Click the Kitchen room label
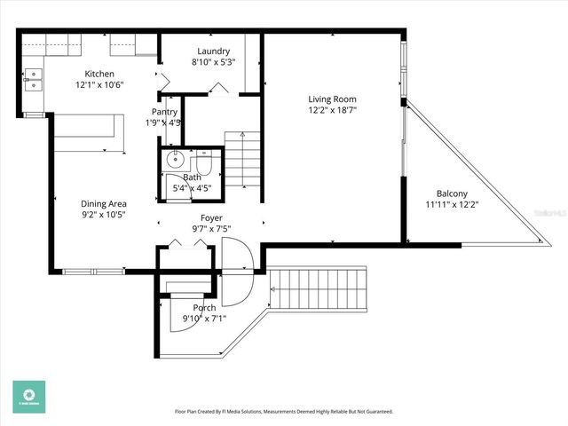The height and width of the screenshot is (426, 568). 99,74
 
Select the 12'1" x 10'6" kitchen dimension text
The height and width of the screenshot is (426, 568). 99,85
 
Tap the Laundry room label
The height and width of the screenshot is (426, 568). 213,51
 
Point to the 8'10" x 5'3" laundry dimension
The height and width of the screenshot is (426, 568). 213,63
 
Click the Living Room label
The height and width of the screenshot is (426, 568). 332,99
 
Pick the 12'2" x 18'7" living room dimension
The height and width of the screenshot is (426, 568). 332,110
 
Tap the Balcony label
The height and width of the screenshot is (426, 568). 454,193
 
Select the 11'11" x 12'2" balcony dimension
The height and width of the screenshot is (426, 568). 454,205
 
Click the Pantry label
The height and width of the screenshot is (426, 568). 164,112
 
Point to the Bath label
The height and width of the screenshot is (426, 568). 193,177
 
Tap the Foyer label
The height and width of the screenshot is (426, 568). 211,217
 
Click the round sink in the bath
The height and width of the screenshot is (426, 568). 174,162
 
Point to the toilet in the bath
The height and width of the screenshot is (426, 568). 203,164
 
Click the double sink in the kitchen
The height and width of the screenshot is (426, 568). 33,80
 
